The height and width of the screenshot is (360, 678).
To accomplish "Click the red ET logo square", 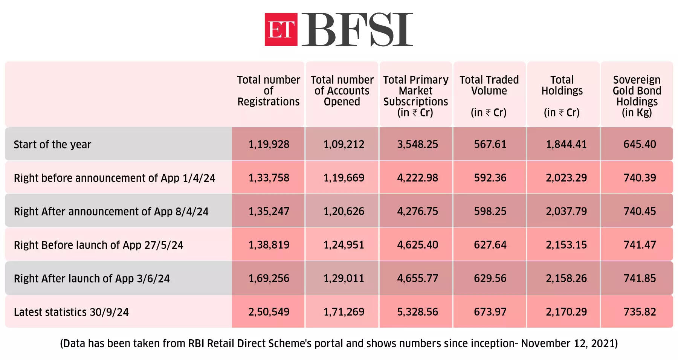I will click(281, 29).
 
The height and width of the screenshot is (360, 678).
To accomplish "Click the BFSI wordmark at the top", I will click(357, 29).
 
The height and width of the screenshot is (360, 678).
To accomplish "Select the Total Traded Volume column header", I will click(489, 96).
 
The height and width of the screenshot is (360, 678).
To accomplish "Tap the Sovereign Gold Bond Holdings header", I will click(637, 96).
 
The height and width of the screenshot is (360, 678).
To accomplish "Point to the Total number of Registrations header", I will click(268, 91).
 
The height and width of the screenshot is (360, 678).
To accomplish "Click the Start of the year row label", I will click(52, 145).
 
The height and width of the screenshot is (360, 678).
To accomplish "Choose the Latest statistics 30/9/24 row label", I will click(71, 312).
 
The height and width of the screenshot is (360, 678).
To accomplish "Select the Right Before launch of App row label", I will click(98, 245).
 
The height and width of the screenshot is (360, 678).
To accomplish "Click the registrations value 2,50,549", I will click(269, 312).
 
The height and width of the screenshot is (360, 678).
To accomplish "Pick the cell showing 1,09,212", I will click(344, 144).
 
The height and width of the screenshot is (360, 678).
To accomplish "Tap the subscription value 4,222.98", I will click(417, 178).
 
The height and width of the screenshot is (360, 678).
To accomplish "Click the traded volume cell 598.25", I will click(490, 211).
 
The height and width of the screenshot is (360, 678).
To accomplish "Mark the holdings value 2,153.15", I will click(566, 245).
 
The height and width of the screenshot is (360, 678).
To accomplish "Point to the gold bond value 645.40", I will click(640, 144).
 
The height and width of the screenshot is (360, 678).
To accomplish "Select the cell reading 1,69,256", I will click(269, 278).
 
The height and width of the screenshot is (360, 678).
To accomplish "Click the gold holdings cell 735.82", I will click(640, 312).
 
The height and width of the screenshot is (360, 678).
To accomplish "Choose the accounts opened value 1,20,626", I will click(344, 211).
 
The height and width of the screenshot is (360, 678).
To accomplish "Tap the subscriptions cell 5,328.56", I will click(417, 312).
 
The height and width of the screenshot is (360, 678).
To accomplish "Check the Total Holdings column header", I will click(562, 96).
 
